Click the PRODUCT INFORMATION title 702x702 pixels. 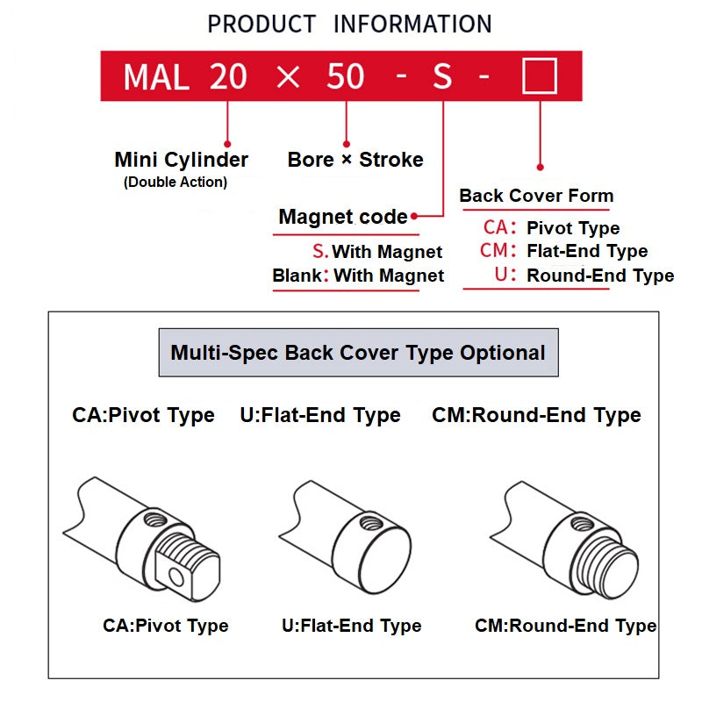[x=349, y=24]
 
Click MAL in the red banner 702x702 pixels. [x=155, y=77]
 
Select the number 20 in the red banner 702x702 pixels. [x=228, y=77]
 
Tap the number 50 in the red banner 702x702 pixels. [x=345, y=77]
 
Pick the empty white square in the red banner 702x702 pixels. [x=539, y=76]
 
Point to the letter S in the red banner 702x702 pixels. [x=442, y=77]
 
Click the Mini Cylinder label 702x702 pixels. [x=181, y=160]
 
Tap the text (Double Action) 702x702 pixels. [x=175, y=183]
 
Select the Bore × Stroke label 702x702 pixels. [x=355, y=160]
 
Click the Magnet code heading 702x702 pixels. [x=343, y=217]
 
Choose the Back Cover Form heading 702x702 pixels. [x=536, y=196]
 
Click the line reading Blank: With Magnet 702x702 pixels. [x=358, y=276]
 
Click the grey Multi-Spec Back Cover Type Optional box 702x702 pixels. [x=358, y=353]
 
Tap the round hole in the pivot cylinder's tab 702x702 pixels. [x=176, y=577]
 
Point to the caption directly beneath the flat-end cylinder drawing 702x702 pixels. [x=351, y=626]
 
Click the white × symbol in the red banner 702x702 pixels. [x=287, y=77]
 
